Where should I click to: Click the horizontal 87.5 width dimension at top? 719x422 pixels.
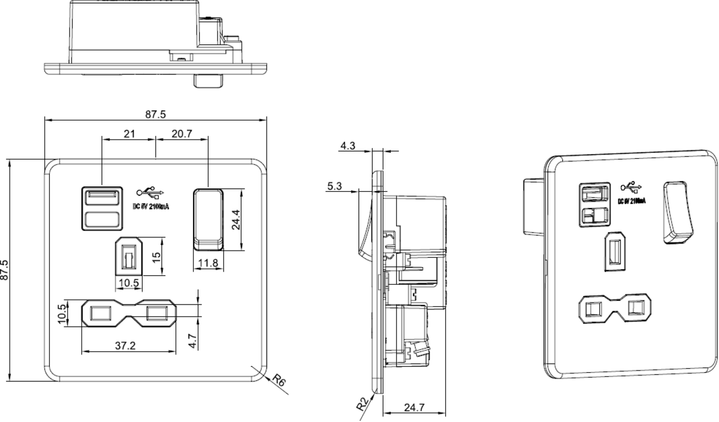[x=155, y=114]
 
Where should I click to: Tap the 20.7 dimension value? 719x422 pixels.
[x=181, y=134]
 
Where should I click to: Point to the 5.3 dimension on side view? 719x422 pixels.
[x=336, y=186]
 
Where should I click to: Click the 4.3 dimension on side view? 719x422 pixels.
[x=348, y=146]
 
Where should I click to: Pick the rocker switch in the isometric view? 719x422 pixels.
[x=678, y=213]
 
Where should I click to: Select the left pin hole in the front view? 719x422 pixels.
[x=100, y=313]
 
